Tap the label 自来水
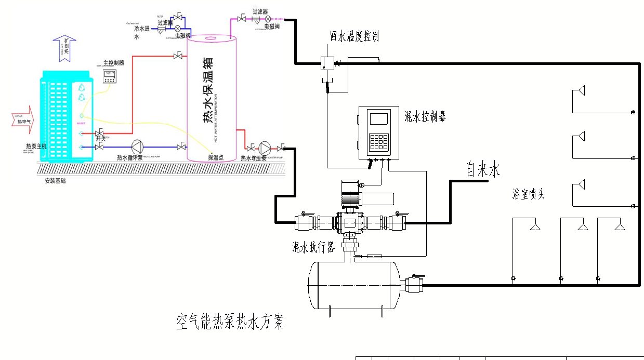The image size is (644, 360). click(x=482, y=170)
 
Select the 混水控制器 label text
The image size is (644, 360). click(x=425, y=117)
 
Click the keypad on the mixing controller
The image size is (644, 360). click(x=379, y=141)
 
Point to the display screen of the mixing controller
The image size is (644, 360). click(x=379, y=118)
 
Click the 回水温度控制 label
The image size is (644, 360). click(x=354, y=36)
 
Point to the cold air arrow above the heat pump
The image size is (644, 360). click(x=65, y=48)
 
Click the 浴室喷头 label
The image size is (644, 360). click(x=529, y=195)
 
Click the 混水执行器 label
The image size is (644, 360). click(x=313, y=248)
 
